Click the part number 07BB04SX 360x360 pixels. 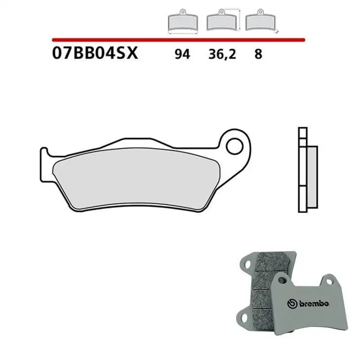[x=95, y=54]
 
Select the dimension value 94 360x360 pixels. [x=183, y=54]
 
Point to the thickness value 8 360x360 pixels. [x=258, y=54]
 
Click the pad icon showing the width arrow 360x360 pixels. [x=182, y=22]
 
